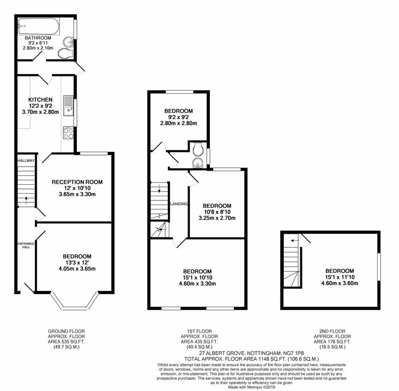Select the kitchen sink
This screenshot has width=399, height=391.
69,105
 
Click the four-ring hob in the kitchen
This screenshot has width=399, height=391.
69,133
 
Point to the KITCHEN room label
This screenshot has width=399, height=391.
40,99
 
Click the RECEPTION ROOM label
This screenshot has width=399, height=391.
77,182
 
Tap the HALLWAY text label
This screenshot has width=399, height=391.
24,161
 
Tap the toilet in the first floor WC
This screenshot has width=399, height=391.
197,150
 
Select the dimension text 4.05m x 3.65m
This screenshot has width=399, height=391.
77,269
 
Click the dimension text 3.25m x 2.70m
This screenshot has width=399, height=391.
216,218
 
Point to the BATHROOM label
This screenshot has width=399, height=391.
38,39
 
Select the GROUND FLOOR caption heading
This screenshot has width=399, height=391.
66,331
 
